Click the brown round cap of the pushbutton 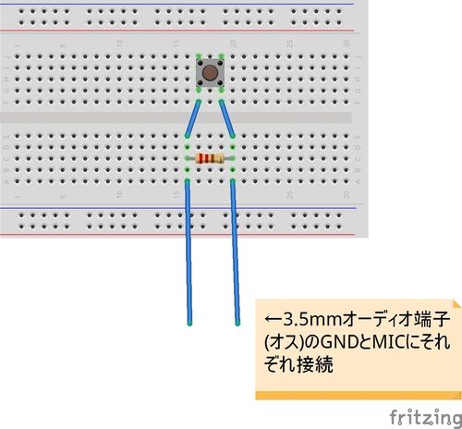click(210, 73)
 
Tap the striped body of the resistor click(210, 158)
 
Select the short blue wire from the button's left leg click(193, 119)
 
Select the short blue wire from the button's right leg click(226, 119)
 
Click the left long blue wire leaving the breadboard click(188, 252)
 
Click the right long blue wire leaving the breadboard click(236, 252)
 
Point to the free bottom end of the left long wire click(190, 324)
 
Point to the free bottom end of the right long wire click(237, 324)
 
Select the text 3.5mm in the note click(312, 320)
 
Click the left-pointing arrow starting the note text click(274, 319)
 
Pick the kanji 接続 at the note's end click(315, 364)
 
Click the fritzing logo click(426, 417)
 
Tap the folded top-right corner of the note click(457, 304)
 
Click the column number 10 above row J click(119, 43)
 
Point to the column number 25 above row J click(289, 43)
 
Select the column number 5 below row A click(63, 196)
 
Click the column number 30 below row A click(346, 195)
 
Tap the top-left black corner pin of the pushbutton click(201, 64)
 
